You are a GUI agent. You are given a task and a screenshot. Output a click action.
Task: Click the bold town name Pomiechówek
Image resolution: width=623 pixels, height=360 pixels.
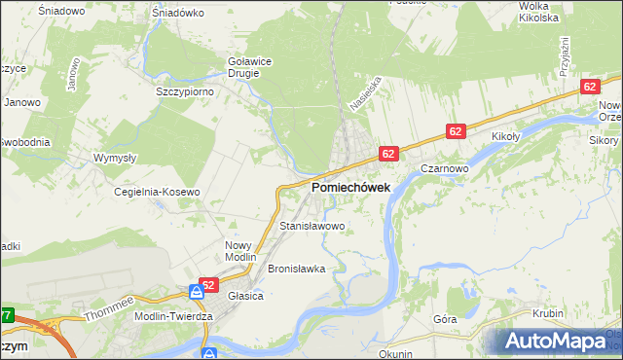tap(350, 187)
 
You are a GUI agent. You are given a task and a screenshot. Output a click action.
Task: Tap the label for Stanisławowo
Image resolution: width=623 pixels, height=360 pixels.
tap(312, 226)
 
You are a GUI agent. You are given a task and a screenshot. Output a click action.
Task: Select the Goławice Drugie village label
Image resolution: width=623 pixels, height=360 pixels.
tap(249, 65)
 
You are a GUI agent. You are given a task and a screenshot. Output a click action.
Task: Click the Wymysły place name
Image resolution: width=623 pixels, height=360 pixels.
tap(113, 157)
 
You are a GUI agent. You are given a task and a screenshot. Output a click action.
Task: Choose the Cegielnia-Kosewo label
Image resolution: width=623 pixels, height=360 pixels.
tap(157, 192)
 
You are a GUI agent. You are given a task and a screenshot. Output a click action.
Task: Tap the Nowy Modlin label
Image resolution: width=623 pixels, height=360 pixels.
tap(238, 250)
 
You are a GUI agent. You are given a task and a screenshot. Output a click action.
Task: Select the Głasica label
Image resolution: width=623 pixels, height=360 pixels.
tap(246, 296)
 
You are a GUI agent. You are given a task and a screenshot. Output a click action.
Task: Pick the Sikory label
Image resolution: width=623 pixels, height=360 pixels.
tap(605, 139)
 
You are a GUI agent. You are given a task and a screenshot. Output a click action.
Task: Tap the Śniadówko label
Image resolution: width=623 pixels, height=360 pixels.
tap(177, 14)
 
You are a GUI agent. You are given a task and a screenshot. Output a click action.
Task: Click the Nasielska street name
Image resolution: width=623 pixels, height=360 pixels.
tap(361, 95)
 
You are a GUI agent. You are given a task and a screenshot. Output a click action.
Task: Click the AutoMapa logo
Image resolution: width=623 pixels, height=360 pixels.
tap(556, 342)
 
